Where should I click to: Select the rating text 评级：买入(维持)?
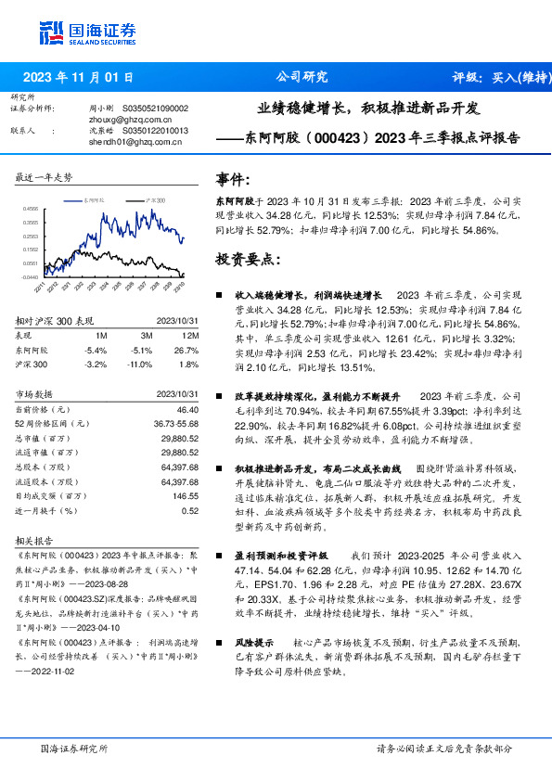(x=495, y=77)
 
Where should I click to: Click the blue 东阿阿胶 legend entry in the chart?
(x=96, y=199)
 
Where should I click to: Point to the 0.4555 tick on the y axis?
(x=32, y=210)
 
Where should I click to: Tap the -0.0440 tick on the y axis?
(x=32, y=276)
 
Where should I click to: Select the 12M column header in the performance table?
(x=191, y=335)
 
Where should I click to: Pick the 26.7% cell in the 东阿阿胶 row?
(x=187, y=350)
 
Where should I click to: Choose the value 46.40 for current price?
(x=187, y=409)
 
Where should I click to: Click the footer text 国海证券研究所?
(x=75, y=748)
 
